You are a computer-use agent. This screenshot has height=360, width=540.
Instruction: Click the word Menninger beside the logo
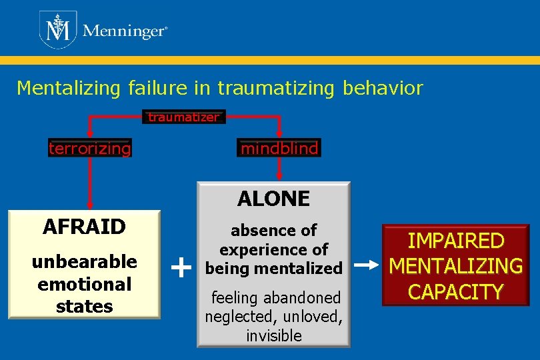[x=124, y=31]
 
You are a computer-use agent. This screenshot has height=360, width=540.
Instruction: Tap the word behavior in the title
[x=383, y=88]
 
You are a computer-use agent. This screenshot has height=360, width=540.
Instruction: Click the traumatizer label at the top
[x=183, y=117]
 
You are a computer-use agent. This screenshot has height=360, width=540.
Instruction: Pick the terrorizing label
[x=90, y=148]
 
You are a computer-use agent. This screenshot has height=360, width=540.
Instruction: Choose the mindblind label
[x=279, y=148]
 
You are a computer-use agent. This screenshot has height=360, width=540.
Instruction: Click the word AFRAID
[x=84, y=227]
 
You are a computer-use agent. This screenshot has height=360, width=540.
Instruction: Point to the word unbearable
[x=84, y=261]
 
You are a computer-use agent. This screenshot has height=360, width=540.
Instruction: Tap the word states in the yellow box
[x=84, y=307]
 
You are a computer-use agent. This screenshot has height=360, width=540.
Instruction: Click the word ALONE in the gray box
[x=273, y=198]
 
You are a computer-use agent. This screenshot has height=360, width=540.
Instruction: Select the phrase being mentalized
[x=273, y=268]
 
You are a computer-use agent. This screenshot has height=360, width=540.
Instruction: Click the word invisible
[x=273, y=336]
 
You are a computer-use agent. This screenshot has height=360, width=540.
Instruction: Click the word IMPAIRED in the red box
[x=455, y=240]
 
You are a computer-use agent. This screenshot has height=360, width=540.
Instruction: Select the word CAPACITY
[x=455, y=292]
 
